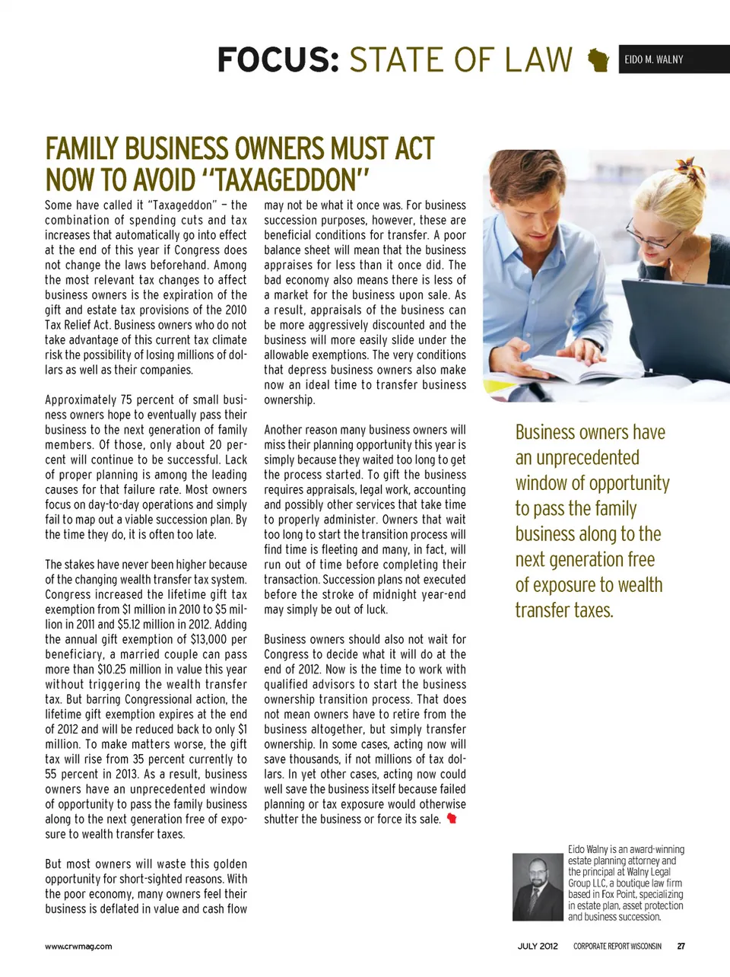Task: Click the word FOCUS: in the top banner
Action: tap(278, 60)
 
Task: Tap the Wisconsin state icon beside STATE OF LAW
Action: tap(599, 60)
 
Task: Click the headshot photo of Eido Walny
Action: tap(538, 886)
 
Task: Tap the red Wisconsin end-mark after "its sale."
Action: tap(452, 819)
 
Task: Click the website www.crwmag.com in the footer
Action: tap(78, 947)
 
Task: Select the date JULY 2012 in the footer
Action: tap(538, 947)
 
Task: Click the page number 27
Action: tap(681, 947)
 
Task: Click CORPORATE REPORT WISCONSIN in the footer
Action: tap(617, 947)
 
